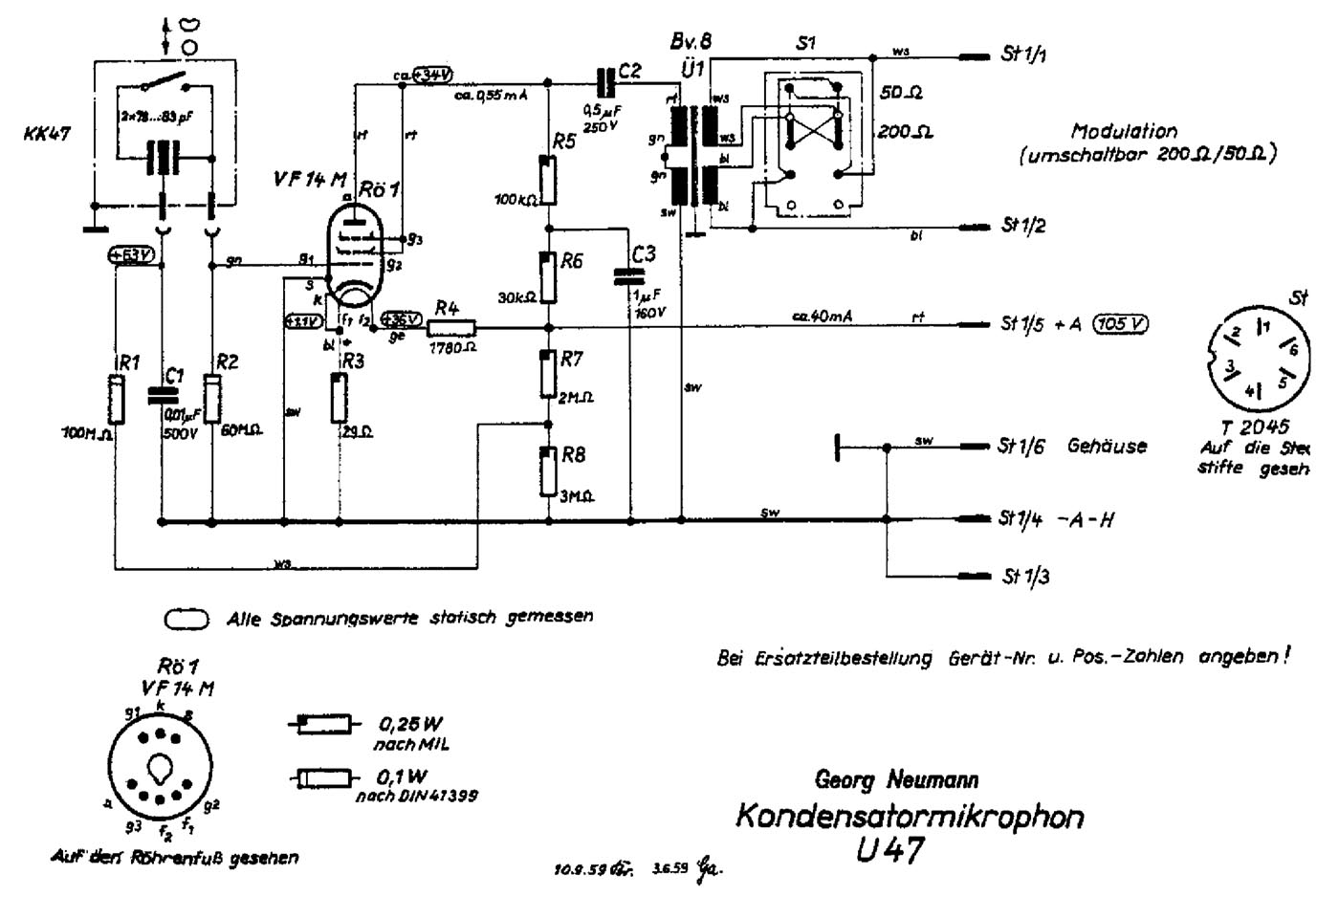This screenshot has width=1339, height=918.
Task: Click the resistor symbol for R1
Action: [116, 399]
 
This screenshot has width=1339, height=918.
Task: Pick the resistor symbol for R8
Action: [548, 471]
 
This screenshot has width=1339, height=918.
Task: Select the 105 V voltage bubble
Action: [1120, 324]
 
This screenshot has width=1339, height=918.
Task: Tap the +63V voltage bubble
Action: [130, 255]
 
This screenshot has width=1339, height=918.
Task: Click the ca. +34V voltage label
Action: [425, 76]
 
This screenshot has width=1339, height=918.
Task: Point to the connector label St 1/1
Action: [1023, 55]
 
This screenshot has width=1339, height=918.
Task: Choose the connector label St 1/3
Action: [1024, 577]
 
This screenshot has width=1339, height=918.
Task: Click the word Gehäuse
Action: [1107, 446]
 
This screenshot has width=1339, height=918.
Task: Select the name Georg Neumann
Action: [896, 779]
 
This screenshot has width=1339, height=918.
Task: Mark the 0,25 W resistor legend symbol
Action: [323, 725]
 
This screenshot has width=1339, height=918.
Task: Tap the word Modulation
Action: [1124, 131]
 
